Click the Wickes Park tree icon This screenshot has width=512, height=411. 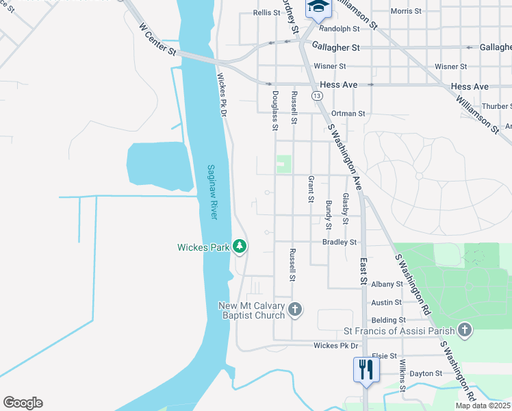[x=240, y=245]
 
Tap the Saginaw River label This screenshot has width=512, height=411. [x=212, y=192]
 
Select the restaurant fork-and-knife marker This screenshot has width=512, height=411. [x=366, y=370]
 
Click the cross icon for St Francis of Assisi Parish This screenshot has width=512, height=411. [x=465, y=331]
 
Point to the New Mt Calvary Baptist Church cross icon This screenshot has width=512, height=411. [x=295, y=310]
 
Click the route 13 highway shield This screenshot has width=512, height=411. [x=316, y=96]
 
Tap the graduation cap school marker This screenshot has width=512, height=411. [x=316, y=8]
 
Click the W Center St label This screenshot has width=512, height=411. [x=158, y=40]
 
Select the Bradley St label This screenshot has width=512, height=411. [x=340, y=242]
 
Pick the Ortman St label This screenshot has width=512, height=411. [x=348, y=113]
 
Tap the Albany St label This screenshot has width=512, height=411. [x=387, y=284]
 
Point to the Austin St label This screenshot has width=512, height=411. [x=387, y=302]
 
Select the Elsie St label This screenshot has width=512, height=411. [x=384, y=356]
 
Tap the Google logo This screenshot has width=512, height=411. [x=23, y=403]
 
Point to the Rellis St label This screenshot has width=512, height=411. [x=267, y=12]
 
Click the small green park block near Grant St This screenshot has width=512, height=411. [x=283, y=164]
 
